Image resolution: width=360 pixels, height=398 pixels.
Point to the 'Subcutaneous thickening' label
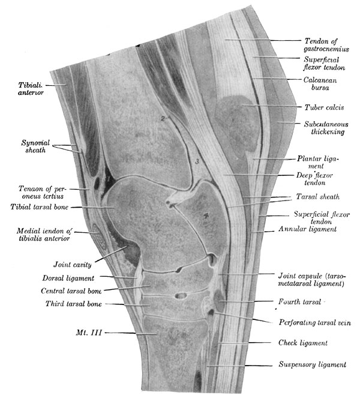pyautogui.click(x=318, y=126)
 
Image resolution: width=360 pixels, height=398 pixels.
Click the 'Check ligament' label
pyautogui.click(x=302, y=343)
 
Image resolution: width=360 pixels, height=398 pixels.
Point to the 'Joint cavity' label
pyautogui.click(x=70, y=262)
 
